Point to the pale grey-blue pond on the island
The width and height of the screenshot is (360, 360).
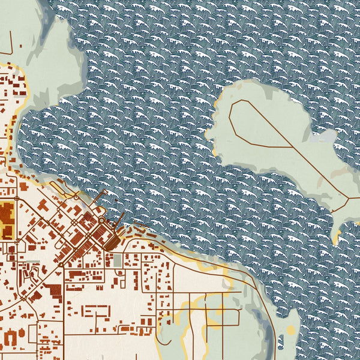click(x=328, y=137)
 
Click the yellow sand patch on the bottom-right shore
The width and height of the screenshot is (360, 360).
click(x=291, y=331)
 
